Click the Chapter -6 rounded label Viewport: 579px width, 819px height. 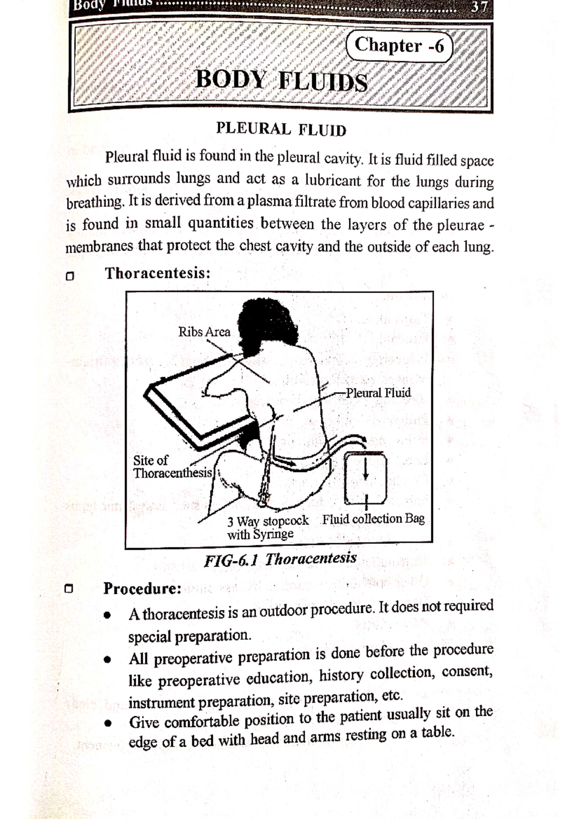tap(399, 46)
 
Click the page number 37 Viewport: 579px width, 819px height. tap(480, 6)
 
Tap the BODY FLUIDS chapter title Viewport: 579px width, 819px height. tap(281, 81)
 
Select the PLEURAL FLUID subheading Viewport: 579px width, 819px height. tap(281, 129)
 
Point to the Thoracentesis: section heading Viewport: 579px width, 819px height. tap(158, 273)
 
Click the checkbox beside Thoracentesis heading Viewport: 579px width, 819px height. tap(70, 276)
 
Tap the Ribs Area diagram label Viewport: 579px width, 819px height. tap(204, 332)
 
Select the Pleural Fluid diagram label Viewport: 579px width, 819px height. tap(379, 393)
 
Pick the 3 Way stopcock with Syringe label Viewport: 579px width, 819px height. tap(267, 528)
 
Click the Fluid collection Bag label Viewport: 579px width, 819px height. tap(373, 519)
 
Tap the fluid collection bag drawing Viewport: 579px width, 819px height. tap(366, 478)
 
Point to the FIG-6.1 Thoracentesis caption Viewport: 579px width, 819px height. tap(280, 560)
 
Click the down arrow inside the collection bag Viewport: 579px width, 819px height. tap(366, 468)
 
